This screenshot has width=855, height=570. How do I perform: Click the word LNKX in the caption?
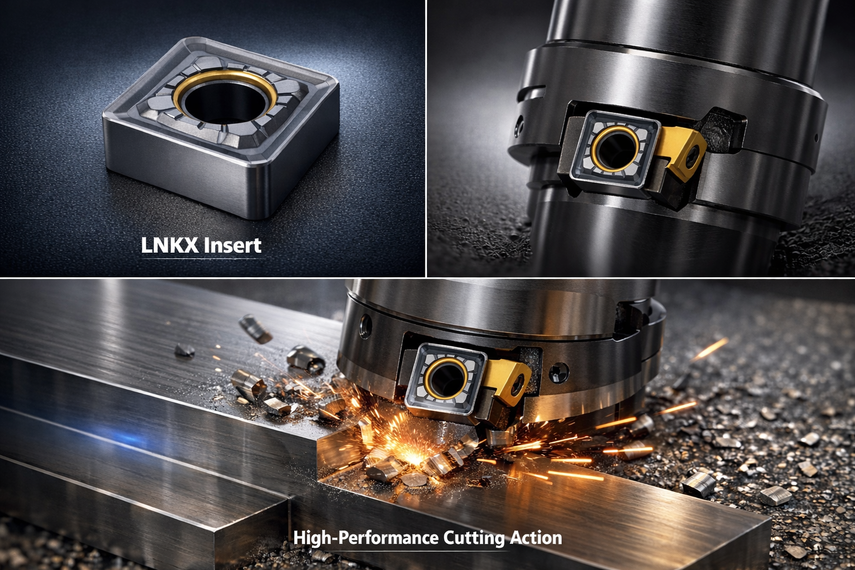click(169, 245)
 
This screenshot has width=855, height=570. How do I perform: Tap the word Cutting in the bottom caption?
click(474, 538)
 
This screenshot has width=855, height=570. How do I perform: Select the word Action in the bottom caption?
click(536, 538)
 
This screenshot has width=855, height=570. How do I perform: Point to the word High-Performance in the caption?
click(366, 538)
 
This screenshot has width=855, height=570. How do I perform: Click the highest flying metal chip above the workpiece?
click(255, 328)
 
